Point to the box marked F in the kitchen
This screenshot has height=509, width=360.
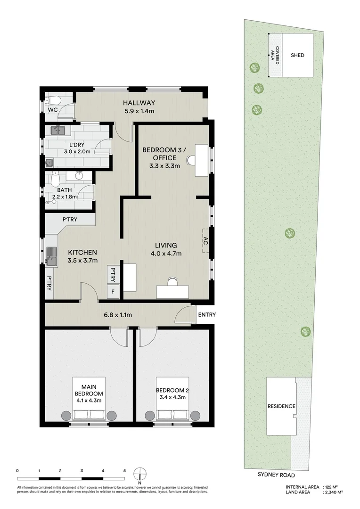113,292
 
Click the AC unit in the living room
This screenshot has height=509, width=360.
206,240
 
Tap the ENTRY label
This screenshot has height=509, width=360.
207,315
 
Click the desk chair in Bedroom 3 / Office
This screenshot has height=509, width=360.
191,160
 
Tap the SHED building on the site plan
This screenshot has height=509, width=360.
297,55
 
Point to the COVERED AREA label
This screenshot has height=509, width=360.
275,55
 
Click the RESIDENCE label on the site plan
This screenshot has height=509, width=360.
281,406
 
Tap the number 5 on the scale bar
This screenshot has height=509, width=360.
124,470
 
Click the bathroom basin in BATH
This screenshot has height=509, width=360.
79,176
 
